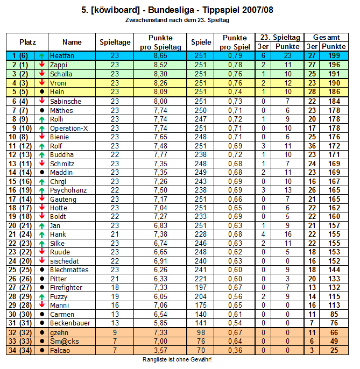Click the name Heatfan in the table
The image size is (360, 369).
(61, 55)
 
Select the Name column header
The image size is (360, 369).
(72, 42)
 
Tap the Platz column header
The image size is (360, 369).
(27, 42)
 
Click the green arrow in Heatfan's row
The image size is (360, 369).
(42, 55)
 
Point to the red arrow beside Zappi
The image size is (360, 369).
(42, 65)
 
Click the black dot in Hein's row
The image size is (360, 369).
(42, 91)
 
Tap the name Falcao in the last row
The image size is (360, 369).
(60, 350)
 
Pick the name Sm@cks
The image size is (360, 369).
(63, 341)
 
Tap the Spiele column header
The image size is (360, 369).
(201, 42)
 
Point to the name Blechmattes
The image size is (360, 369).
(69, 270)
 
